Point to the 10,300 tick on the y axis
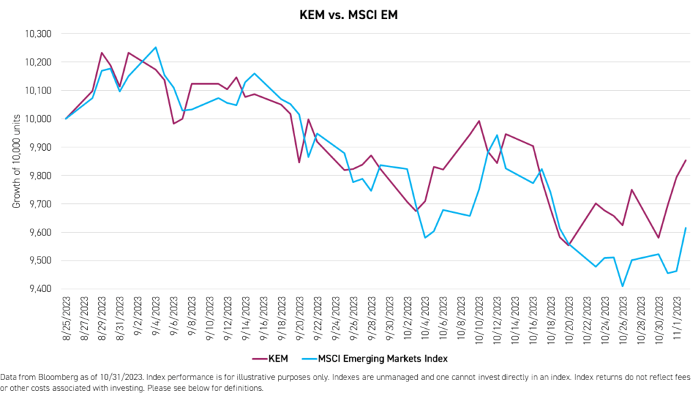(x=38, y=33)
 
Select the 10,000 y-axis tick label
(x=38, y=119)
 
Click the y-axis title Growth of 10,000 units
(x=16, y=161)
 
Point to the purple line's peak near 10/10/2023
(x=479, y=121)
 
